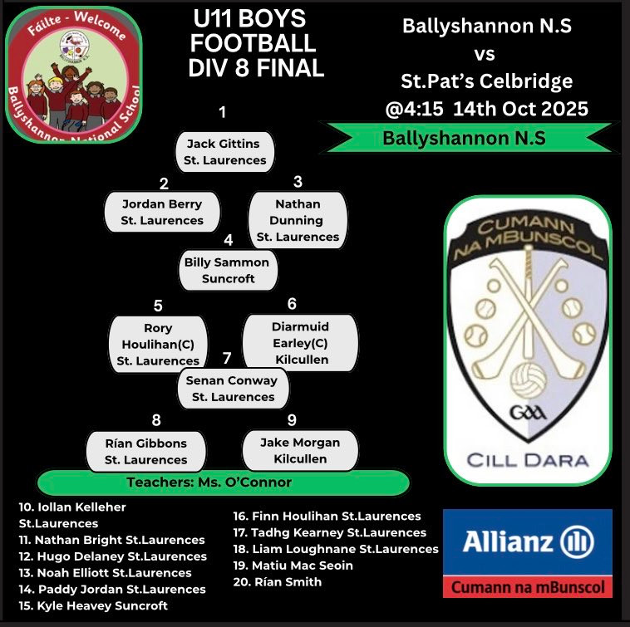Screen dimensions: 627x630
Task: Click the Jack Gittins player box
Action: pyautogui.click(x=224, y=152)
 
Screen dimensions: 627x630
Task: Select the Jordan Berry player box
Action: pyautogui.click(x=162, y=212)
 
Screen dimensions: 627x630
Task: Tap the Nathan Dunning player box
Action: pyautogui.click(x=298, y=220)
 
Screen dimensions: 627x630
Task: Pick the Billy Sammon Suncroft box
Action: pyautogui.click(x=228, y=271)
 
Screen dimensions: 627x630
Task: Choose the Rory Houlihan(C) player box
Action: pyautogui.click(x=158, y=344)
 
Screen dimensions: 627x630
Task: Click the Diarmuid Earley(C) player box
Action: pyautogui.click(x=300, y=343)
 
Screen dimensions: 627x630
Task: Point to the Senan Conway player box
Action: pyautogui.click(x=233, y=389)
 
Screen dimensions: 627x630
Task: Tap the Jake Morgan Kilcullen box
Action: pyautogui.click(x=300, y=450)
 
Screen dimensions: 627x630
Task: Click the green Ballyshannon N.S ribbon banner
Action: pyautogui.click(x=463, y=138)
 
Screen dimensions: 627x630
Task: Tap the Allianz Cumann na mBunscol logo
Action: pyautogui.click(x=527, y=552)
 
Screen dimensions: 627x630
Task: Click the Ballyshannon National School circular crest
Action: pyautogui.click(x=74, y=76)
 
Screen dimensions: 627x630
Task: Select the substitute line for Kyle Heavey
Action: pyautogui.click(x=93, y=605)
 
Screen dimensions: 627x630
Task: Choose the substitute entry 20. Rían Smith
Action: pyautogui.click(x=278, y=582)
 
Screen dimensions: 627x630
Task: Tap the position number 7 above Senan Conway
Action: pyautogui.click(x=226, y=360)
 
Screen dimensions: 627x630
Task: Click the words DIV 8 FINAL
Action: pyautogui.click(x=255, y=67)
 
